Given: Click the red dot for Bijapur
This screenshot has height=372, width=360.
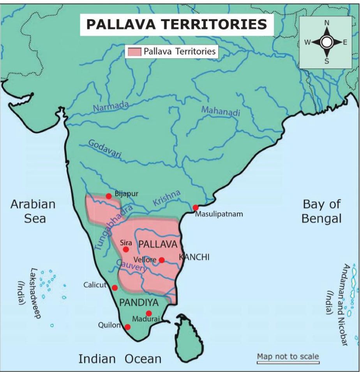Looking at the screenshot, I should click(x=109, y=196).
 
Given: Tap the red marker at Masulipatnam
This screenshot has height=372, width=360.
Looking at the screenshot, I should click(x=196, y=208).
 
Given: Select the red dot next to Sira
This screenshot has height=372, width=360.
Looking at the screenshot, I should click(x=126, y=249).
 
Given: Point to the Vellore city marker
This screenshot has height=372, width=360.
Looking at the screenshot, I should click(x=162, y=260).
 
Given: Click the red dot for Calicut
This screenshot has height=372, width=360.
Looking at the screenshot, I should click(x=115, y=288).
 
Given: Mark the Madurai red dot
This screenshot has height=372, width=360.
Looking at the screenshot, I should click(x=148, y=313).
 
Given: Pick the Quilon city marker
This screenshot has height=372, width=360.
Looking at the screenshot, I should click(x=127, y=327).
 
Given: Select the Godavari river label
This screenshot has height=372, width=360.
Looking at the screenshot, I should click(x=105, y=149).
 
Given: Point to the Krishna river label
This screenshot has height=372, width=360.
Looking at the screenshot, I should click(x=167, y=198).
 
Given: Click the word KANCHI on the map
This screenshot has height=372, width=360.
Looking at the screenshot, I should click(x=194, y=257).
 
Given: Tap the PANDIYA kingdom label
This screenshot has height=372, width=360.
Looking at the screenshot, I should click(x=136, y=302).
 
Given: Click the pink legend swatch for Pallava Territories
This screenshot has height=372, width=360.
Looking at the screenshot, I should click(x=133, y=51).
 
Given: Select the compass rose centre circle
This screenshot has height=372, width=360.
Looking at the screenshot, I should click(x=326, y=42).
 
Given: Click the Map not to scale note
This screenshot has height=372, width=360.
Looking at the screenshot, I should click(x=288, y=356).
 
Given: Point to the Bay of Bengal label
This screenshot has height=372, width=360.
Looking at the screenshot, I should click(x=321, y=211).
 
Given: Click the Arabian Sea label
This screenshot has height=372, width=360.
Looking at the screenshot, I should click(x=33, y=211).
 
